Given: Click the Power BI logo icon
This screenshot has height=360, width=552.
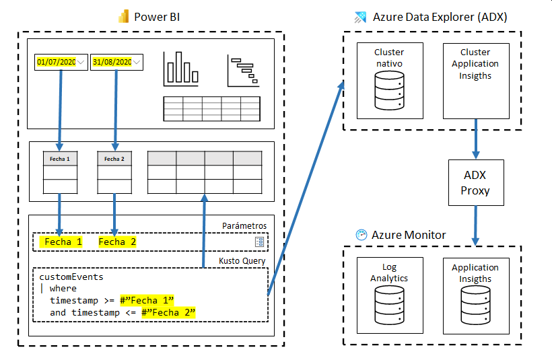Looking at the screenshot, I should point(123,17).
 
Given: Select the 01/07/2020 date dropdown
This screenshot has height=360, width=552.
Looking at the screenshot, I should point(61,63).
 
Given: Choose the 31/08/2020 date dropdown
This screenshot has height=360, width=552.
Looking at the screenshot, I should point(116,63).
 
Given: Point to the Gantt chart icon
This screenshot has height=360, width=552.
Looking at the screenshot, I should point(243,71).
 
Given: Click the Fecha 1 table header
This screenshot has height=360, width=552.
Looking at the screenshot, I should point(59,159).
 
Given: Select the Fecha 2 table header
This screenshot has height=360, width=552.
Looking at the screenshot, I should point(114,159).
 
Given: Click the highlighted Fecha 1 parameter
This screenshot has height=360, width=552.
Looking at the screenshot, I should point(63,242).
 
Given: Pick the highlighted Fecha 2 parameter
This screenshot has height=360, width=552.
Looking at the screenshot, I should point(117,242).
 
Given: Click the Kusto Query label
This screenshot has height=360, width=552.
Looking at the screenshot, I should point(242,260).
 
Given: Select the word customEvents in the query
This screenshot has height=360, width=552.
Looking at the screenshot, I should point(71,277).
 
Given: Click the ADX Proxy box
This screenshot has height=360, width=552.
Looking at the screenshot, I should point(475,182).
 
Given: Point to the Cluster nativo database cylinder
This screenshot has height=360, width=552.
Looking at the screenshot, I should point(389,91).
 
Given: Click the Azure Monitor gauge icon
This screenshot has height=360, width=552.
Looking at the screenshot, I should point(361,235).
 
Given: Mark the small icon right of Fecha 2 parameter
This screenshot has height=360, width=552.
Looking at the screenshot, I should point(260,242).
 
